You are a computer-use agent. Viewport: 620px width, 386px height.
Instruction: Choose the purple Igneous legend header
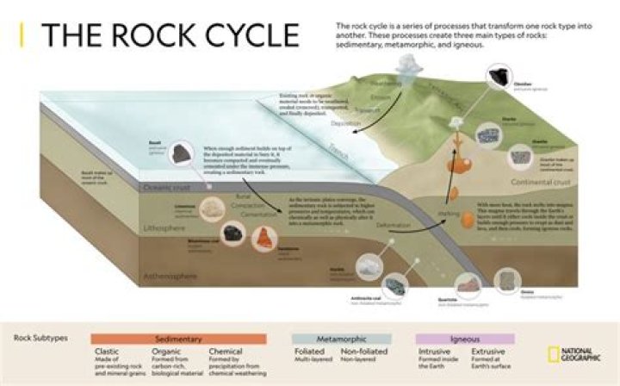[x=465, y=339]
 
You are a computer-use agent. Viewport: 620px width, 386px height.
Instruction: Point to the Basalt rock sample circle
[x=181, y=153]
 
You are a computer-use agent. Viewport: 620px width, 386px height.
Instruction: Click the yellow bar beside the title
[x=22, y=35]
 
